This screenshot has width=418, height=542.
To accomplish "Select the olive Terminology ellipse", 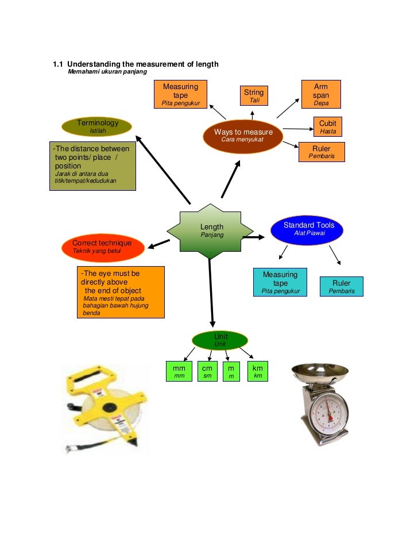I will coord(98,126).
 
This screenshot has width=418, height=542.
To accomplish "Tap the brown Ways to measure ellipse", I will coord(243,136).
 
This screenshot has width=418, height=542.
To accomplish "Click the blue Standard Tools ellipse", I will coord(309,229).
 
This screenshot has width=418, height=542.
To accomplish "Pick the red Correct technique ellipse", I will coord(102,246).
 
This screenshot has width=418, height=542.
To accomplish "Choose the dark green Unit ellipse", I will coord(220,340).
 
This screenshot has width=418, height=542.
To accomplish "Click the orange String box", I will coord(253,96).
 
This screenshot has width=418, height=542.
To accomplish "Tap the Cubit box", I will coord(328,127).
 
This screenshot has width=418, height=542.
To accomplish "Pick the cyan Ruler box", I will coord(341,287).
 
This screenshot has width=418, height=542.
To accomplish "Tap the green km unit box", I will coord(258,371).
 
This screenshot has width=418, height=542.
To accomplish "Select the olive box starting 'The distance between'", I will coord(91,167).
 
